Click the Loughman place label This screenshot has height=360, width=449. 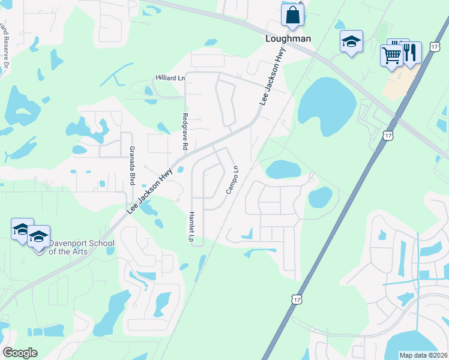(x=288, y=38)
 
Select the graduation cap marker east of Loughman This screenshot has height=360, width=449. (x=351, y=43)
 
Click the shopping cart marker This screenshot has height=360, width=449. (x=391, y=56)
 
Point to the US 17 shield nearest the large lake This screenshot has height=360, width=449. (x=390, y=136)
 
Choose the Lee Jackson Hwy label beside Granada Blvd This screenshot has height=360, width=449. (x=150, y=191)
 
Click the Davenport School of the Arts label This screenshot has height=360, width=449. (x=67, y=247)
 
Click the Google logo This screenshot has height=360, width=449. (x=20, y=353)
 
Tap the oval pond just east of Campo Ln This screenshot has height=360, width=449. (x=283, y=169)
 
